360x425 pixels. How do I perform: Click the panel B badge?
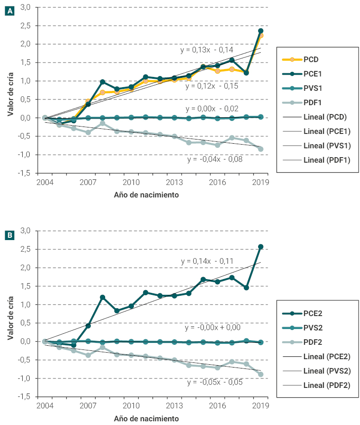pyautogui.click(x=9, y=235)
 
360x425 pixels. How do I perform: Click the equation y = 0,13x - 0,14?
pyautogui.click(x=207, y=50)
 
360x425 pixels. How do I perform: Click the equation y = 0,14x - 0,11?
pyautogui.click(x=207, y=261)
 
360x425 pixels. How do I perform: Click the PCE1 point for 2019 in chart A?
pyautogui.click(x=261, y=31)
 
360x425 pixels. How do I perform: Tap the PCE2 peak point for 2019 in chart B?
pyautogui.click(x=261, y=247)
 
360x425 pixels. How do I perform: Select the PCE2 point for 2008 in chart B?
pyautogui.click(x=102, y=297)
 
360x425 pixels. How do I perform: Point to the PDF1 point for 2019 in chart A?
pyautogui.click(x=261, y=149)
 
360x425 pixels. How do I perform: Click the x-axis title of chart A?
pyautogui.click(x=146, y=195)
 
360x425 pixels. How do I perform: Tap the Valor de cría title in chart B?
pyautogui.click(x=10, y=314)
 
